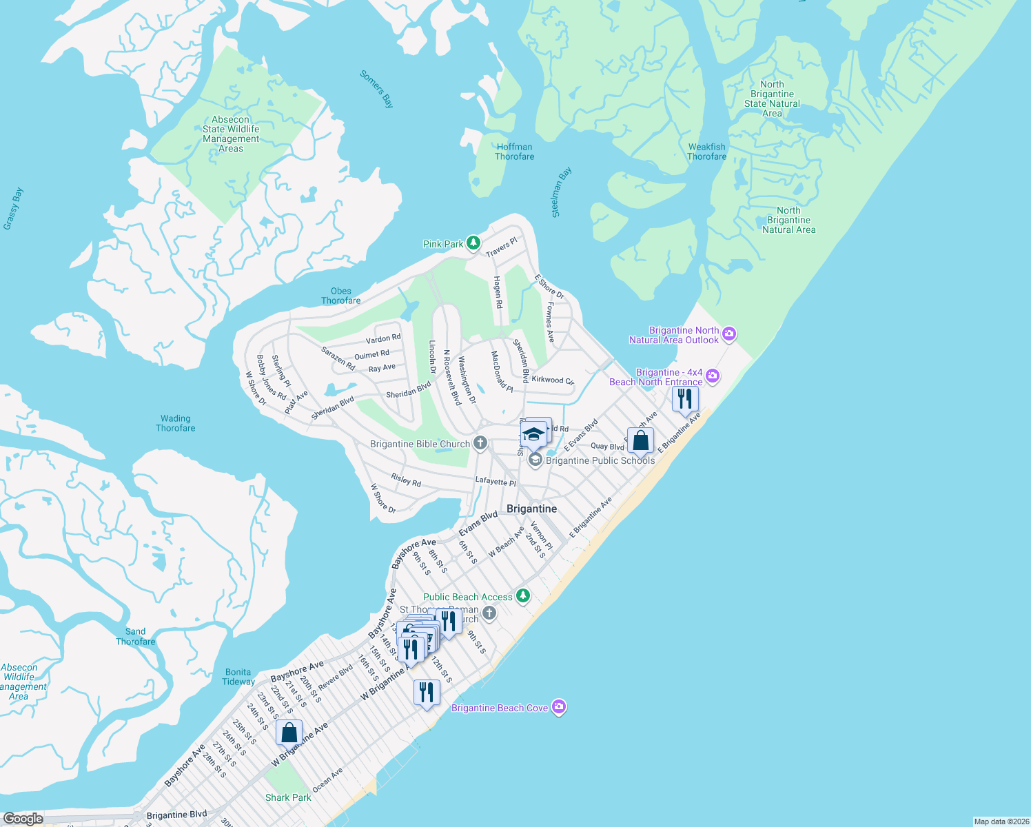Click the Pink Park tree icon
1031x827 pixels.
(473, 243)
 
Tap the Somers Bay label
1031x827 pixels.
(377, 89)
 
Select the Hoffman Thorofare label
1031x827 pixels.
(514, 152)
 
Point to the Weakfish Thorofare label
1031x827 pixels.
(706, 152)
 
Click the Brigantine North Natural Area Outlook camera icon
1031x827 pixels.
(729, 334)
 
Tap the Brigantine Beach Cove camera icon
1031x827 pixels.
(559, 707)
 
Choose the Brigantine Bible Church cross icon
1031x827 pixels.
(480, 444)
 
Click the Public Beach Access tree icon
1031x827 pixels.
(523, 595)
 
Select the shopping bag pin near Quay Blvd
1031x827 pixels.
(640, 441)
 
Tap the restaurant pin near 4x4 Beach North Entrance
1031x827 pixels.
(684, 399)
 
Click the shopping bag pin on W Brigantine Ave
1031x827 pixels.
(289, 733)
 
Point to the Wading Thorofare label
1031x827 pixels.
(175, 423)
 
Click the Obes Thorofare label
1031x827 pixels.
(340, 296)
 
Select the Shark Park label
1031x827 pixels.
(288, 797)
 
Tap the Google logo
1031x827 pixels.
(23, 818)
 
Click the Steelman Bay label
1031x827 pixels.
(562, 192)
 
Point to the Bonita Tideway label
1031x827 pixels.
(238, 677)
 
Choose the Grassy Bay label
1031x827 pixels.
(13, 208)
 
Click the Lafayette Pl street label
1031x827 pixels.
(495, 481)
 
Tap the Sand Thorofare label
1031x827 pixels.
(136, 636)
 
